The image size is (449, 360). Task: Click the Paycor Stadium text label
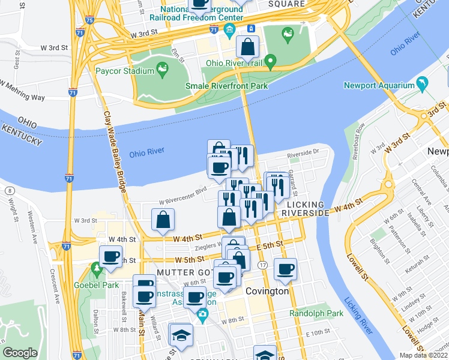(125, 71)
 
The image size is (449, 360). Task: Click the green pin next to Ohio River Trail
(271, 61)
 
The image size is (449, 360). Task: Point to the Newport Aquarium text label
(379, 85)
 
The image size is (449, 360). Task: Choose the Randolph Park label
(316, 313)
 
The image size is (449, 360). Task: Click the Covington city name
(268, 291)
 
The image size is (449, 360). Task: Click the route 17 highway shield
(262, 265)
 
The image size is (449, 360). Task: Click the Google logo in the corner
(20, 353)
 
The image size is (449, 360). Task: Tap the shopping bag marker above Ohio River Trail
(247, 47)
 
